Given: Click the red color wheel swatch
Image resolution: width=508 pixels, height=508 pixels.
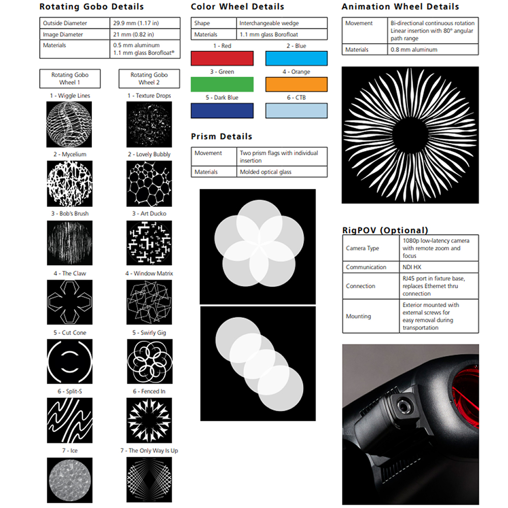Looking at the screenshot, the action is point(223,58).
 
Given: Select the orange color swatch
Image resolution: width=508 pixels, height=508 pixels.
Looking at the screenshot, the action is point(297,84).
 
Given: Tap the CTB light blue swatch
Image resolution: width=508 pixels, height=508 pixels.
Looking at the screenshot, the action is point(297,110).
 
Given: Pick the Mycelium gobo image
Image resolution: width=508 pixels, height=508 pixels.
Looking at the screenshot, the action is point(70,184).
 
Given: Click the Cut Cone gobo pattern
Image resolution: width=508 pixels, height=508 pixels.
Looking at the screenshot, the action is point(70,361).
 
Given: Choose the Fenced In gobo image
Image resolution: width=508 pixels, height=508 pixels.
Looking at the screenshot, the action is point(149,420).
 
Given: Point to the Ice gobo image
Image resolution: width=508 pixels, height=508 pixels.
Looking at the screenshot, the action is point(70,480).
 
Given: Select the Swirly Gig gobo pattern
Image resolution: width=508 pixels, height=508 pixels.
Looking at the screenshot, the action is point(150,361).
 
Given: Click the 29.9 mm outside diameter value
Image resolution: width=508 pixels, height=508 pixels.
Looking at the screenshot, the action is point(136,23).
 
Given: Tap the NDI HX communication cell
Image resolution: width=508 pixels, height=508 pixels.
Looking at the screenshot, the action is point(412,267).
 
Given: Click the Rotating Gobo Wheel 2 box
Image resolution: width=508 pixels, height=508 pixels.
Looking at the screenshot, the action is point(149,78).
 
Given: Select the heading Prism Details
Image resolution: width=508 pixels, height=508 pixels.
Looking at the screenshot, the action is point(221,136).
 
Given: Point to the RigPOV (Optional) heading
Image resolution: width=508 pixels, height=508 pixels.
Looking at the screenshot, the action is point(385,230).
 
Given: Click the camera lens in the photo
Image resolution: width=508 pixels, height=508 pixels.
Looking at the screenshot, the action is point(403,405).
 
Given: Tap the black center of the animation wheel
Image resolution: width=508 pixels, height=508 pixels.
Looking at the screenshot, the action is point(410,135).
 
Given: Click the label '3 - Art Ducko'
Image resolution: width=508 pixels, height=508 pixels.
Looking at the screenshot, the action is point(149,213).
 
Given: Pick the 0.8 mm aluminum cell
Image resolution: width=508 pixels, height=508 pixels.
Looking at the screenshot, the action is point(414,50).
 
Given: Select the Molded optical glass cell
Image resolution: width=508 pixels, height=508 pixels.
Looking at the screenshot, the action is point(266,172).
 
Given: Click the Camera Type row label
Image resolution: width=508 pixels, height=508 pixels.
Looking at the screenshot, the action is point(362,248).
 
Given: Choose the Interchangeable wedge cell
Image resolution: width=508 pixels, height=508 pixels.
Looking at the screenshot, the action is point(269,23).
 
